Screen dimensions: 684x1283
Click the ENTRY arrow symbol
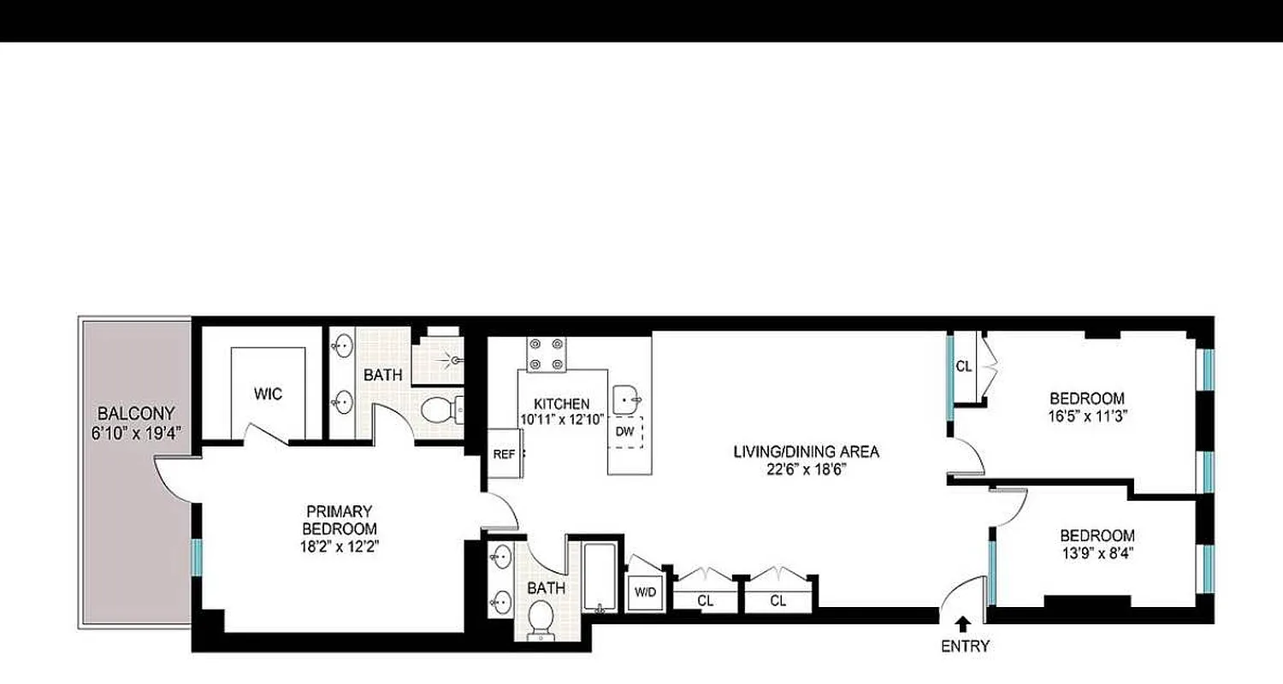963,623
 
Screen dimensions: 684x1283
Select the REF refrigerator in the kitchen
504,455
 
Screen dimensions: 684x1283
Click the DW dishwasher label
625,432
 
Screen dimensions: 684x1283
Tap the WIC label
268,394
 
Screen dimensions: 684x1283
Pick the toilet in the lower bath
541,617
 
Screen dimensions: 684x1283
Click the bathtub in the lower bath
600,577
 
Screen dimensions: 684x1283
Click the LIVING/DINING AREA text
806,451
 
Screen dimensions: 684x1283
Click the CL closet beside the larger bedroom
964,367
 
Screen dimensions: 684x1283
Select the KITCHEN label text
561,404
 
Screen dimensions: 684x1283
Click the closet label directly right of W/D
705,600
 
